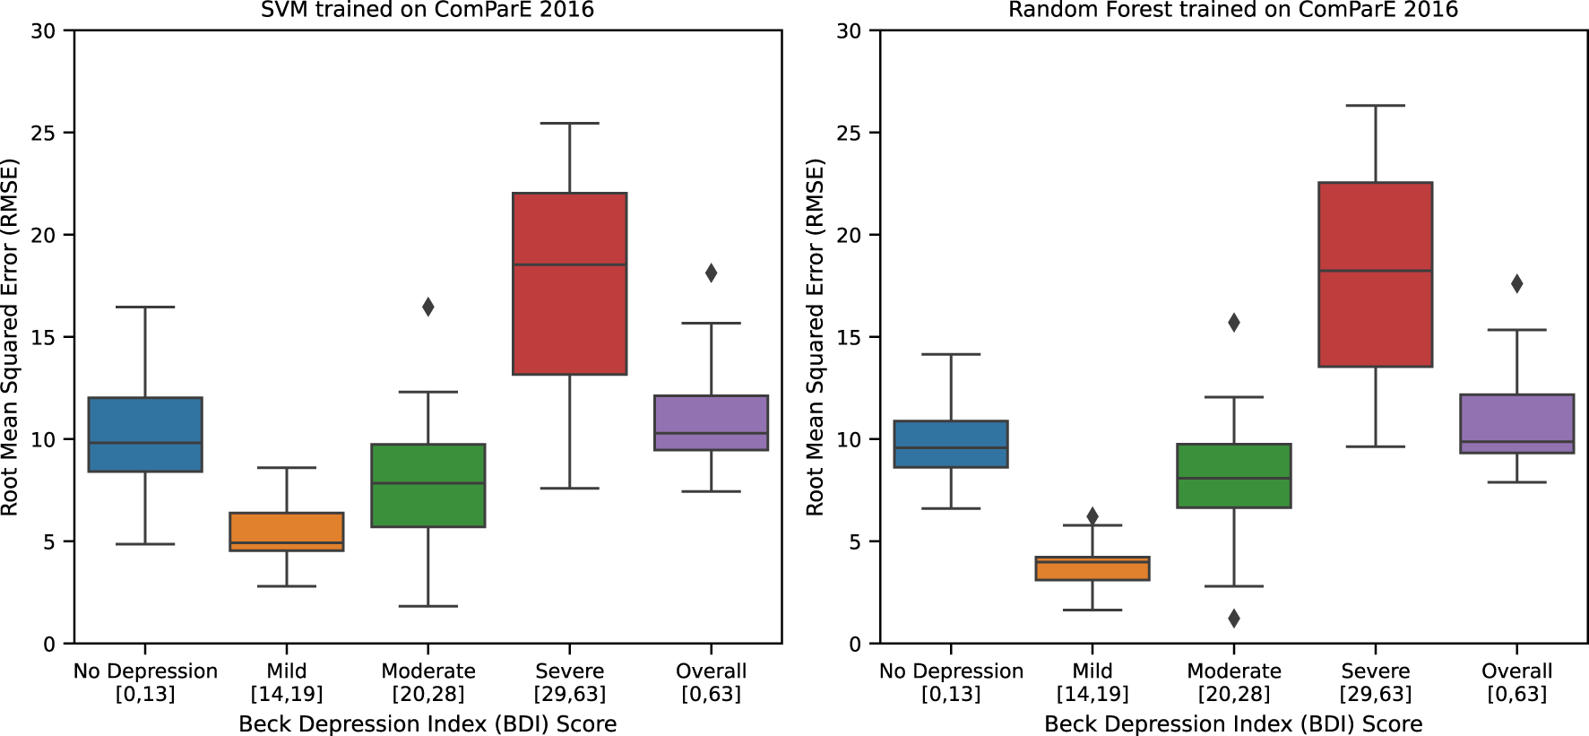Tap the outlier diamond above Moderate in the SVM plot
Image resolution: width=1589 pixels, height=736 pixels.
(x=428, y=307)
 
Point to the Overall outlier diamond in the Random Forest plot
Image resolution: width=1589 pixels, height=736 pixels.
(x=1516, y=283)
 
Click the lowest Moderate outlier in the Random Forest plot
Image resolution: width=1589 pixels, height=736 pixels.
(x=1233, y=618)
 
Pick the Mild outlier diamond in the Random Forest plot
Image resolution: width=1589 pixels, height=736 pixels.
(x=1092, y=515)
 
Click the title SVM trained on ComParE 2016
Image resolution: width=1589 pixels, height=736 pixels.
(x=427, y=10)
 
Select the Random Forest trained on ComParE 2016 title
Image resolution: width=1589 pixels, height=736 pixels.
(x=1233, y=10)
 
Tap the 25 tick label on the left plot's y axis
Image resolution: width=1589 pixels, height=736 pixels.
(x=43, y=133)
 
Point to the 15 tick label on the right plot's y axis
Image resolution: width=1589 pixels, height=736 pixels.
(x=849, y=337)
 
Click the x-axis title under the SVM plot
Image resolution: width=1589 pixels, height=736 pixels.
(x=427, y=723)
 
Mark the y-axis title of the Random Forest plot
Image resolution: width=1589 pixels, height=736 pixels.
(x=815, y=337)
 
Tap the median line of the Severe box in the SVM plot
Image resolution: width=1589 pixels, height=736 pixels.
(x=569, y=264)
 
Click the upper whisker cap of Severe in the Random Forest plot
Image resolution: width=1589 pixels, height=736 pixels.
(x=1375, y=106)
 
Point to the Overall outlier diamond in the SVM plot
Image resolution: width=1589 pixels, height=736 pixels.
(x=711, y=273)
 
